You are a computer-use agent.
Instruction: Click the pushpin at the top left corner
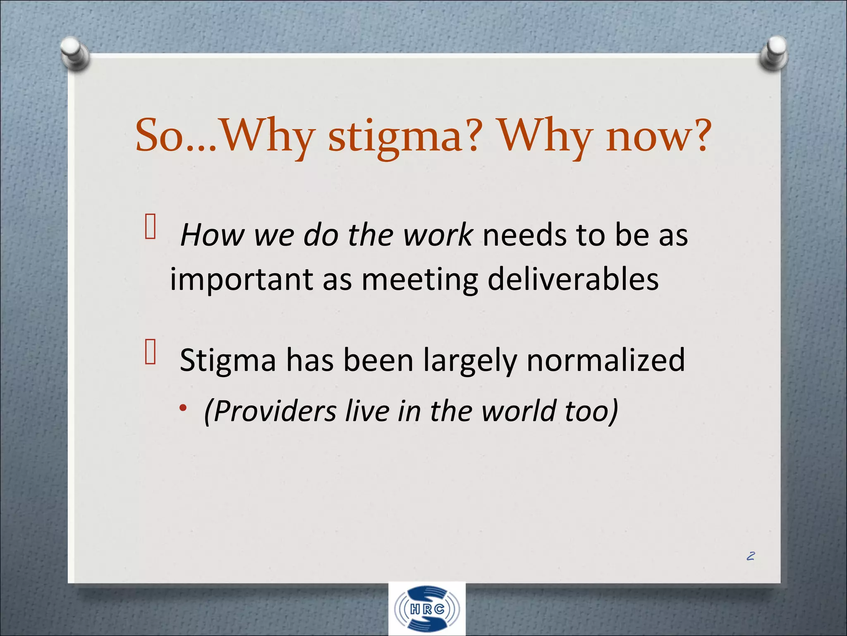75,54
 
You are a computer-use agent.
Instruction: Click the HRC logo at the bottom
427,609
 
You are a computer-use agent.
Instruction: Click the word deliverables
573,279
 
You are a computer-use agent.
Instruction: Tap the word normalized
605,359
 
